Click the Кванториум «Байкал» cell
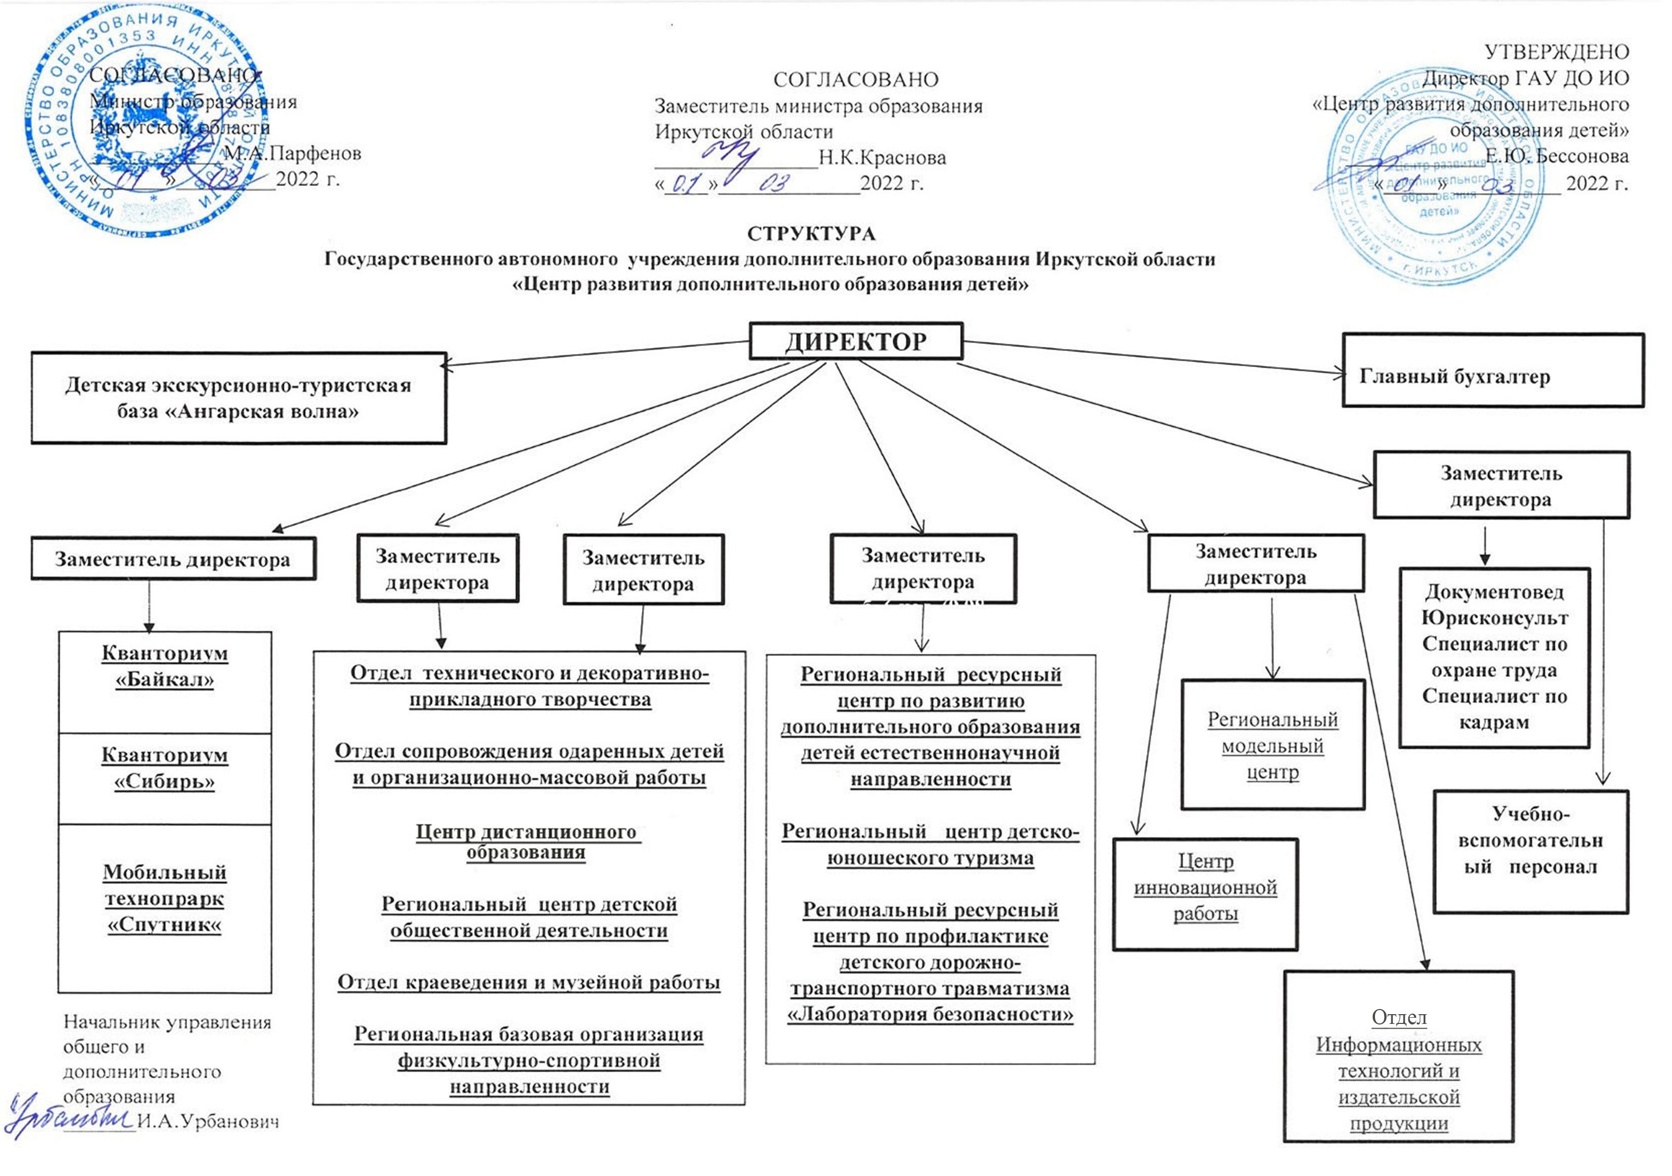164,666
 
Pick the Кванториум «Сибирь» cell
164,769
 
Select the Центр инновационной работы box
1205,887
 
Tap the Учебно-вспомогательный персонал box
1530,841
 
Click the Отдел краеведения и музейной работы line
529,982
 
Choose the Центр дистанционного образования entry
526,842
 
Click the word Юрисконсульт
1494,618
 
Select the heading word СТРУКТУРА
811,234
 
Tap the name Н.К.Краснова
882,158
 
